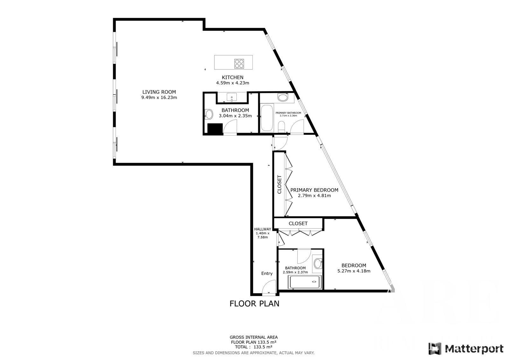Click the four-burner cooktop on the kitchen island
pos(239,63)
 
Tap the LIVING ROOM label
pos(159,92)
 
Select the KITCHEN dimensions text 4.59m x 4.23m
pos(233,83)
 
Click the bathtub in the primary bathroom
pos(267,118)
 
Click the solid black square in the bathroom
pos(215,129)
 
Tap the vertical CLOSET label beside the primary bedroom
pos(279,184)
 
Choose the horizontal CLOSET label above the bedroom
pos(298,223)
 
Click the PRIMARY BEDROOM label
pos(314,190)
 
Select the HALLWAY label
pos(262,229)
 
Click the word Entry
pos(267,273)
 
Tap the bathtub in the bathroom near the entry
pos(304,282)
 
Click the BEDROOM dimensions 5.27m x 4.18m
pos(354,271)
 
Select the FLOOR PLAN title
pos(254,304)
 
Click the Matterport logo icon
pos(435,349)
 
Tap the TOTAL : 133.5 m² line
pos(254,347)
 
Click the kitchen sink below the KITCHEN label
pos(232,97)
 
